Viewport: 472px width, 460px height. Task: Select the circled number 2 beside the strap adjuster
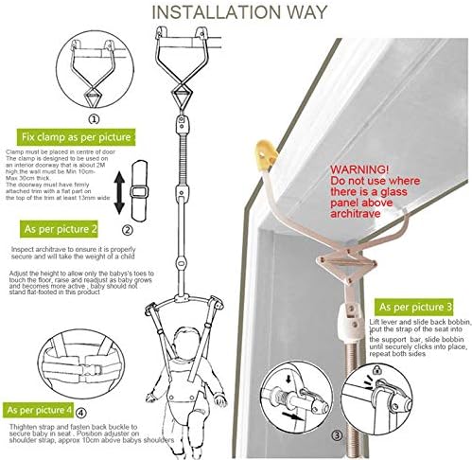tap(128, 228)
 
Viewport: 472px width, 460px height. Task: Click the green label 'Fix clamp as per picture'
tap(76, 140)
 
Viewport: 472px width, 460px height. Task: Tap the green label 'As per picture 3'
tap(417, 307)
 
